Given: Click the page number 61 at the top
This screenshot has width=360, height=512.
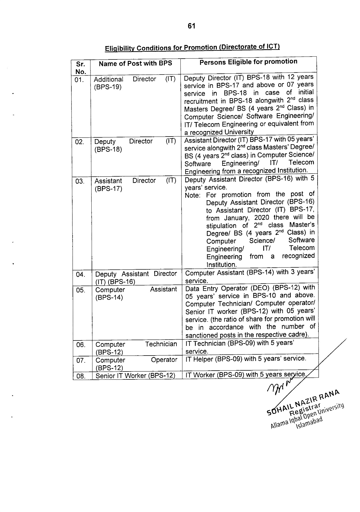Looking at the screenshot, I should (x=192, y=26).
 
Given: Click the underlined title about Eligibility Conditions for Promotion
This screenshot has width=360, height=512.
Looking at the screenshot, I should (x=192, y=47).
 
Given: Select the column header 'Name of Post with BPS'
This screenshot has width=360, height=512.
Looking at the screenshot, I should (x=135, y=63).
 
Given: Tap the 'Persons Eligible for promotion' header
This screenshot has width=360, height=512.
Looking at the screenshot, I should (x=248, y=62).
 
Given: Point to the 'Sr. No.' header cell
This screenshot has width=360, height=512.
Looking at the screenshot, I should (x=81, y=68).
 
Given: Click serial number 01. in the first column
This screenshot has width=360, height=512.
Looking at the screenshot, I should (x=79, y=80).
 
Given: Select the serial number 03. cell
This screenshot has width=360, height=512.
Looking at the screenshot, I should (x=80, y=181).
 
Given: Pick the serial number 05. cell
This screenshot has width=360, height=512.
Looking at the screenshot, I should (x=81, y=290).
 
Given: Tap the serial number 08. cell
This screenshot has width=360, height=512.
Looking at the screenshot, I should (x=81, y=376).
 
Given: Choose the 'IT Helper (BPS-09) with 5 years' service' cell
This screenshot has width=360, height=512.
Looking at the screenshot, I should (x=246, y=359).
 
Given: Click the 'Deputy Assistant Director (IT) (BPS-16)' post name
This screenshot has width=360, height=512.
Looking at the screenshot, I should (x=136, y=278).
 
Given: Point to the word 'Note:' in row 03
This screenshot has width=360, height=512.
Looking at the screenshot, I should (x=193, y=196).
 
